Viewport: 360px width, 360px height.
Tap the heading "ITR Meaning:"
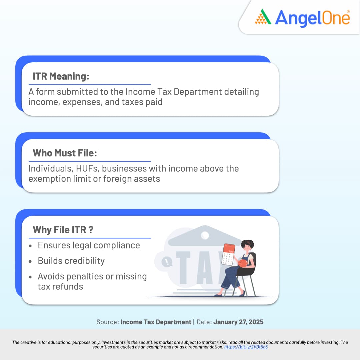coord(61,76)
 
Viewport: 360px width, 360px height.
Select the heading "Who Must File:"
coord(65,153)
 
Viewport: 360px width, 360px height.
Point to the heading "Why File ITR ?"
coord(63,230)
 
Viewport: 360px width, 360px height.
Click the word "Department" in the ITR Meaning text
coord(198,92)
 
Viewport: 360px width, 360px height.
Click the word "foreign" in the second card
coord(117,179)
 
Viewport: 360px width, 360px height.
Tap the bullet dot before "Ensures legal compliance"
coord(30,246)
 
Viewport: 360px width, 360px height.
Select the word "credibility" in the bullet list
coord(84,261)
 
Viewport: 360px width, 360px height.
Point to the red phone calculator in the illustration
coord(228,254)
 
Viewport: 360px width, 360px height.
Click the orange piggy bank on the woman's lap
coord(242,263)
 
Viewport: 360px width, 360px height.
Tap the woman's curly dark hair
coord(247,243)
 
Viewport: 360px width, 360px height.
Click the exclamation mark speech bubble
coord(167,262)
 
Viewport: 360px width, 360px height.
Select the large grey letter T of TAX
coord(183,268)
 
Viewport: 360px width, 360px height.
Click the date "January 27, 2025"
coord(238,322)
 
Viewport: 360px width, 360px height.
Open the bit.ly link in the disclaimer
coord(246,347)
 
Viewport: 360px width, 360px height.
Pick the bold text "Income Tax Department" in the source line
coord(156,322)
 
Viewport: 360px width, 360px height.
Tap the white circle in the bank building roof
coord(205,235)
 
